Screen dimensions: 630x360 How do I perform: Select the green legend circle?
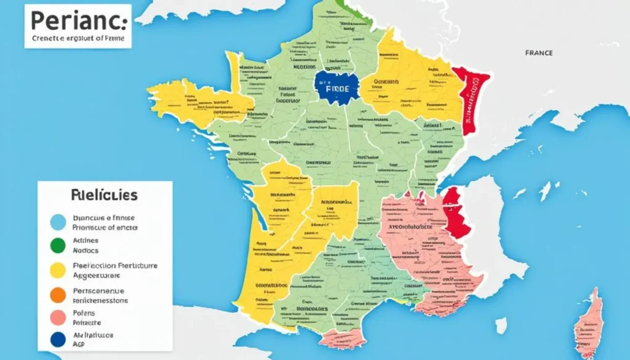58,246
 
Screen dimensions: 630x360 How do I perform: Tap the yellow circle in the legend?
58,270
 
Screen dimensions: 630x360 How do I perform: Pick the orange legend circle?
58,295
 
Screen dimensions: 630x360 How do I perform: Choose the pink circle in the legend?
58,318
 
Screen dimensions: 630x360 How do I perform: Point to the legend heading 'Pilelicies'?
104,196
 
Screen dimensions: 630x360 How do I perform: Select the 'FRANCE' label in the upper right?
538,53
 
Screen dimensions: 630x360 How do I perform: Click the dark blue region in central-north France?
336,87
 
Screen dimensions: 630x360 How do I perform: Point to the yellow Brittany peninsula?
197,102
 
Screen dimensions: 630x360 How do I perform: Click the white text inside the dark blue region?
337,89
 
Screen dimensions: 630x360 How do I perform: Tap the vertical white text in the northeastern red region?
474,98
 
